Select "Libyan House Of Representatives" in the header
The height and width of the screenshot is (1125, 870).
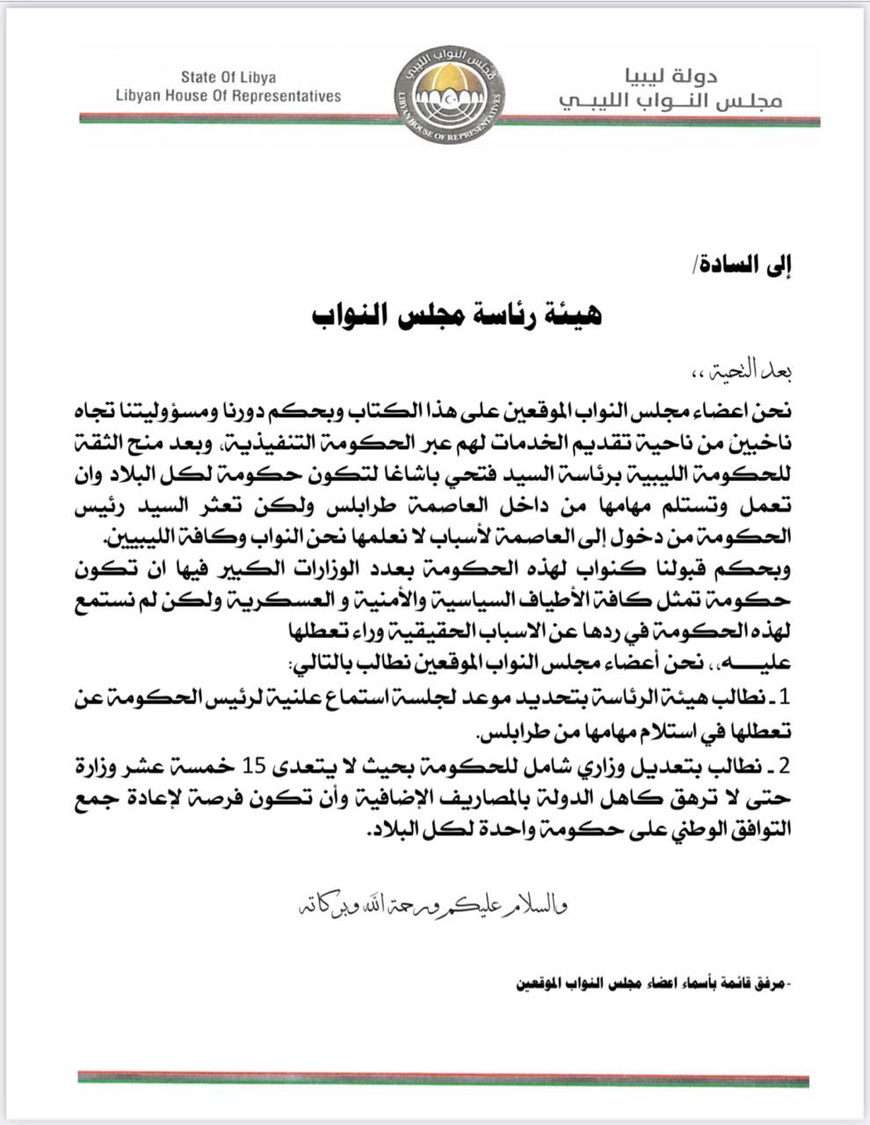tap(228, 96)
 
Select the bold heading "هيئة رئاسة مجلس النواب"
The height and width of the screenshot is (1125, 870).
tap(458, 314)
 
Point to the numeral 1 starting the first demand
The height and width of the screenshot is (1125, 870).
tap(787, 699)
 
